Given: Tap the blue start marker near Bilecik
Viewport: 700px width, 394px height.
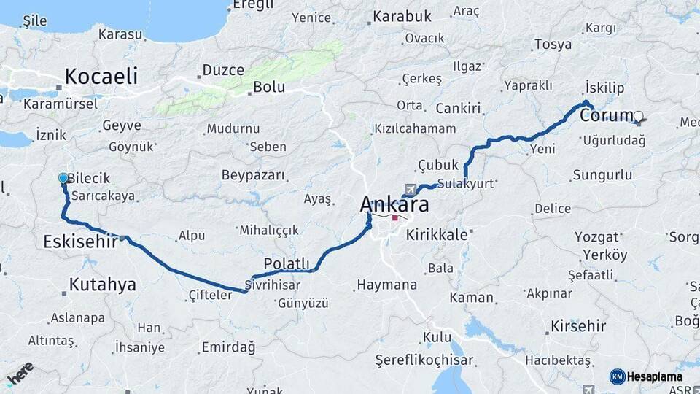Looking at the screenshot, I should pyautogui.click(x=63, y=178).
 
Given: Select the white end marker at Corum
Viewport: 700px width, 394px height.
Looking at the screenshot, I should pyautogui.click(x=639, y=115).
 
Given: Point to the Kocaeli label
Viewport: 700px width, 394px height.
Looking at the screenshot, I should pyautogui.click(x=101, y=76).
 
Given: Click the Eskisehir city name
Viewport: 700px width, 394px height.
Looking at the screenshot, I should pyautogui.click(x=80, y=242).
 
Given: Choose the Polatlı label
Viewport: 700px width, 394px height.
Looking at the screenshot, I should pyautogui.click(x=287, y=264).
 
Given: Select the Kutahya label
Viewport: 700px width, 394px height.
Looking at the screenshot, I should pyautogui.click(x=102, y=284).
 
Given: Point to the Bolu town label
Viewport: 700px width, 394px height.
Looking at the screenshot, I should pyautogui.click(x=268, y=87).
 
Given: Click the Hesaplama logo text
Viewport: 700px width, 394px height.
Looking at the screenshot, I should pyautogui.click(x=654, y=376).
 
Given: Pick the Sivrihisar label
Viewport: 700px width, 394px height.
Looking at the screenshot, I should pyautogui.click(x=272, y=285).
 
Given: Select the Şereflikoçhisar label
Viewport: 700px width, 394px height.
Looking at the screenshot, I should pyautogui.click(x=424, y=360).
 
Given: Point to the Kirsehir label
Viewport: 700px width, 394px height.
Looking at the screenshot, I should pyautogui.click(x=578, y=325).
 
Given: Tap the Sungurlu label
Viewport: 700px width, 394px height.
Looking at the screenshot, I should pyautogui.click(x=602, y=175).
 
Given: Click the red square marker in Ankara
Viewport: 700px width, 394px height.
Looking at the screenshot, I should pyautogui.click(x=394, y=217).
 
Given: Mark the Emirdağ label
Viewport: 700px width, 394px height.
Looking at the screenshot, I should pyautogui.click(x=228, y=347).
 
